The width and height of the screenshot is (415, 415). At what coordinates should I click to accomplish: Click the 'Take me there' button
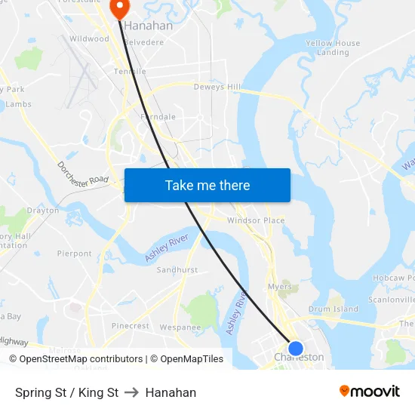tap(207, 186)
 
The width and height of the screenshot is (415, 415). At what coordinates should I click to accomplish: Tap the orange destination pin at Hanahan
tap(119, 8)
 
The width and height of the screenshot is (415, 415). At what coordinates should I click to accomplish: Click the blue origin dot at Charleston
tap(296, 348)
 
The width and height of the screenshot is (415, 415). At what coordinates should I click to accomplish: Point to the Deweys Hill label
tap(217, 88)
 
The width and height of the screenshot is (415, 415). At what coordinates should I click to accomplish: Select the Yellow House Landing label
tap(333, 48)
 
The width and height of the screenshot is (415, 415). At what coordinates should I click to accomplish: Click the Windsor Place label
tap(256, 220)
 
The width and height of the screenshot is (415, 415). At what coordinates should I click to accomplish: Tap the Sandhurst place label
tap(177, 269)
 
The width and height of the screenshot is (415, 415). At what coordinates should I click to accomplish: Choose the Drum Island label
tap(334, 309)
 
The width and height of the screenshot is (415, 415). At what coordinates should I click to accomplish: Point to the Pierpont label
tap(74, 254)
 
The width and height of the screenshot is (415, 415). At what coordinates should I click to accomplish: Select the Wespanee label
tap(180, 327)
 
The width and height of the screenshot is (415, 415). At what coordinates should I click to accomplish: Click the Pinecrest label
tap(131, 326)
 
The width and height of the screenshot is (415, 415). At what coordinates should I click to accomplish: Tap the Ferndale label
tap(158, 117)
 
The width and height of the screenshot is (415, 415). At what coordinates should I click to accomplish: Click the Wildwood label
tap(89, 38)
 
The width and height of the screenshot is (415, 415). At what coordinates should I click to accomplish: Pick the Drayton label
tap(43, 211)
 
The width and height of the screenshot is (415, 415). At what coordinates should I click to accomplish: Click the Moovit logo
tap(370, 391)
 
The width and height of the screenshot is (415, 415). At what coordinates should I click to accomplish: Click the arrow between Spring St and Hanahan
tap(132, 392)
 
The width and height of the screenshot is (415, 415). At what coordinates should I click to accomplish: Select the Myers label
tap(280, 287)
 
